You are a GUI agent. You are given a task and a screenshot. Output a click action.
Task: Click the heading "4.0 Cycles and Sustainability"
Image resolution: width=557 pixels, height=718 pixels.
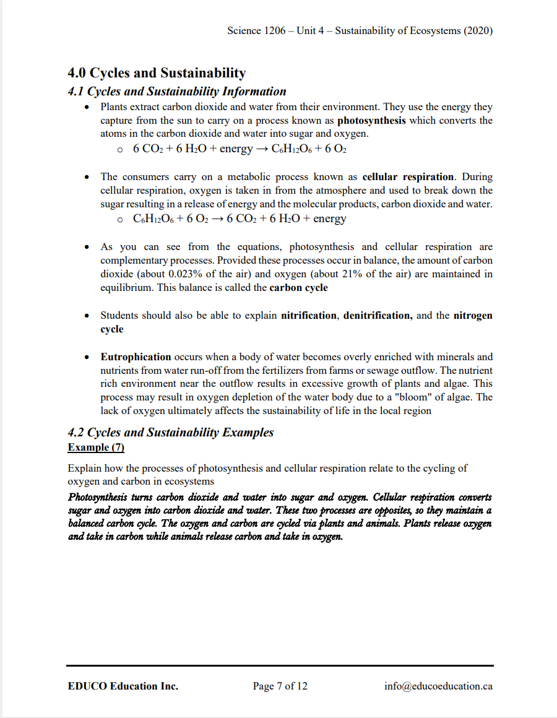pyautogui.click(x=157, y=73)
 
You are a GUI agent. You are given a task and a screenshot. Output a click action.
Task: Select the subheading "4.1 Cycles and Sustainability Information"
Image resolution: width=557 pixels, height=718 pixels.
pyautogui.click(x=177, y=92)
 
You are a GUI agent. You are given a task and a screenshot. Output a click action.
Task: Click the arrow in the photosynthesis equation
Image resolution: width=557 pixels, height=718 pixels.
pyautogui.click(x=262, y=149)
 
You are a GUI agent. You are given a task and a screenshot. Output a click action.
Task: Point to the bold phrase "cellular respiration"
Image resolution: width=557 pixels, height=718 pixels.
pyautogui.click(x=408, y=177)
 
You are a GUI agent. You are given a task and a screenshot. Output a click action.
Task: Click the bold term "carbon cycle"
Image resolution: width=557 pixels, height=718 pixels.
pyautogui.click(x=299, y=287)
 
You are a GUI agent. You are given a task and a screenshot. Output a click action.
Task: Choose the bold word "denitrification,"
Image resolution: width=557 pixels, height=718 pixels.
pyautogui.click(x=378, y=315)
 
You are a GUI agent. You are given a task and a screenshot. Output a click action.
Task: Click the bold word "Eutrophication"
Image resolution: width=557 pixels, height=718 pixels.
pyautogui.click(x=136, y=357)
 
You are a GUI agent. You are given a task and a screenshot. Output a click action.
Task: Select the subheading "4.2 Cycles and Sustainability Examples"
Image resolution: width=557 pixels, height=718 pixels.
pyautogui.click(x=171, y=433)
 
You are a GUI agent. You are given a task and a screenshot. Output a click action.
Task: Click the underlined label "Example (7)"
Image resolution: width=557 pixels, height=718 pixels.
pyautogui.click(x=96, y=447)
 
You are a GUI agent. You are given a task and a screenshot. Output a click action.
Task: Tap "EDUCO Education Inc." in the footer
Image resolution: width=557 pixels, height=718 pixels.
pyautogui.click(x=123, y=686)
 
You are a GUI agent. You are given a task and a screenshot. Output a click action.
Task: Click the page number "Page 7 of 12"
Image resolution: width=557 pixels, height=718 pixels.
pyautogui.click(x=280, y=686)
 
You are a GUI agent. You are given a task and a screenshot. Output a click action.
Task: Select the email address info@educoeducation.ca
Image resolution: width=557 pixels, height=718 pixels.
pyautogui.click(x=438, y=686)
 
